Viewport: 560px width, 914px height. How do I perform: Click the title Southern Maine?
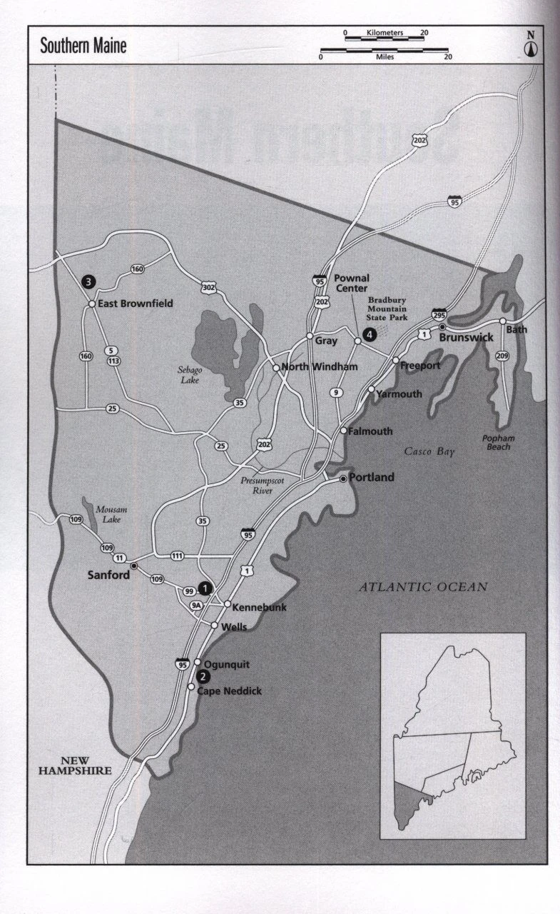(x=83, y=46)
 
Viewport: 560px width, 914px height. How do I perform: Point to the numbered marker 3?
(x=88, y=281)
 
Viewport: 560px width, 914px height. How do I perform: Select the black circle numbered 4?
(x=369, y=333)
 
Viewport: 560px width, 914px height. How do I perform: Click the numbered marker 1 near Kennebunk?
(x=205, y=588)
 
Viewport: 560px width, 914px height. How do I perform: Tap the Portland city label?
(x=371, y=478)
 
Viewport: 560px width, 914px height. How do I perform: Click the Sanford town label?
(x=108, y=574)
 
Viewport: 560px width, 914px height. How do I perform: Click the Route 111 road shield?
(x=177, y=556)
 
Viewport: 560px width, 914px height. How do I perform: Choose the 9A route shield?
(x=196, y=606)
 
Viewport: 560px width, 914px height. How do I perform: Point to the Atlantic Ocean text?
(x=422, y=587)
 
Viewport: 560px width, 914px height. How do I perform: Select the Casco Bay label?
(x=429, y=451)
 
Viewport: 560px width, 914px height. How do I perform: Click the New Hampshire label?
(x=75, y=765)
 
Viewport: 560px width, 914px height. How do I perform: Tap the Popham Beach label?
(x=498, y=442)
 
